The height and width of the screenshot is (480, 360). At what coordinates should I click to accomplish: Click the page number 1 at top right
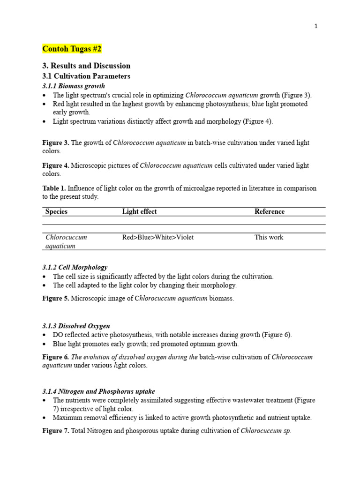316,26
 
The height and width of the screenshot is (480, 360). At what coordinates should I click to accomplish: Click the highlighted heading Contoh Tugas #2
72,49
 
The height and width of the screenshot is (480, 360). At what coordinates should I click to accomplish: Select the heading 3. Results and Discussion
86,66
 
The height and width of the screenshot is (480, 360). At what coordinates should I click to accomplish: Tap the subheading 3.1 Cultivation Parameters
86,76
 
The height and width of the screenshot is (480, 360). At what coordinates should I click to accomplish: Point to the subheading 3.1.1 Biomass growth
74,86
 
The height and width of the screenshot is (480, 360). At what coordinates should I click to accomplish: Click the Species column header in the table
56,211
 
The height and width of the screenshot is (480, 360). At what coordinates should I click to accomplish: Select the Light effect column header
139,211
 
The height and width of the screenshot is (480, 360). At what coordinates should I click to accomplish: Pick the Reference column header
269,211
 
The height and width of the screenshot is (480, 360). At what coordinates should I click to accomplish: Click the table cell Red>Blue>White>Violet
157,237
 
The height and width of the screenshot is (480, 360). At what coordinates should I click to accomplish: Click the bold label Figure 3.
55,142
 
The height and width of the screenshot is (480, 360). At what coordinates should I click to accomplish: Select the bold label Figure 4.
55,165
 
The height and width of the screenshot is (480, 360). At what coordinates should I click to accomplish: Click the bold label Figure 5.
55,298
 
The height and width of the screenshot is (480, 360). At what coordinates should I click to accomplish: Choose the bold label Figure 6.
55,357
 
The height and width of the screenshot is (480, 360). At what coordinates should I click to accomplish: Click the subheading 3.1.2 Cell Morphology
75,267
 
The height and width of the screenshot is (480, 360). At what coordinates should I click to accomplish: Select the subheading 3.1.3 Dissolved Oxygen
76,326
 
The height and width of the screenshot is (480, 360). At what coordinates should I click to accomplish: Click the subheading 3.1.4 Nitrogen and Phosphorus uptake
98,391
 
